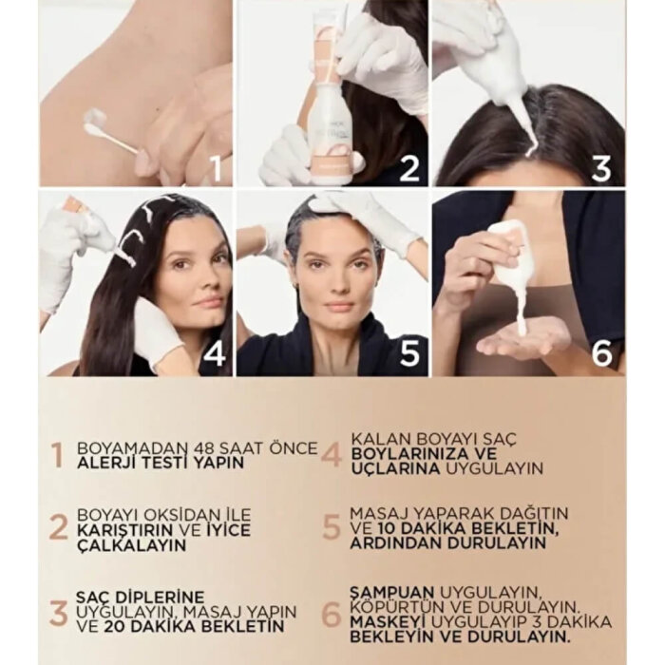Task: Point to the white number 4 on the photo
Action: click(x=216, y=353)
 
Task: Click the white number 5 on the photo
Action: click(x=409, y=353)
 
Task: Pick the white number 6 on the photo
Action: click(x=602, y=353)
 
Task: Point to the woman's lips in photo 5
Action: click(x=340, y=308)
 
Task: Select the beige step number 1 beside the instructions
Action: click(x=56, y=455)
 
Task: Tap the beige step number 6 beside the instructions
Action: click(x=331, y=615)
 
